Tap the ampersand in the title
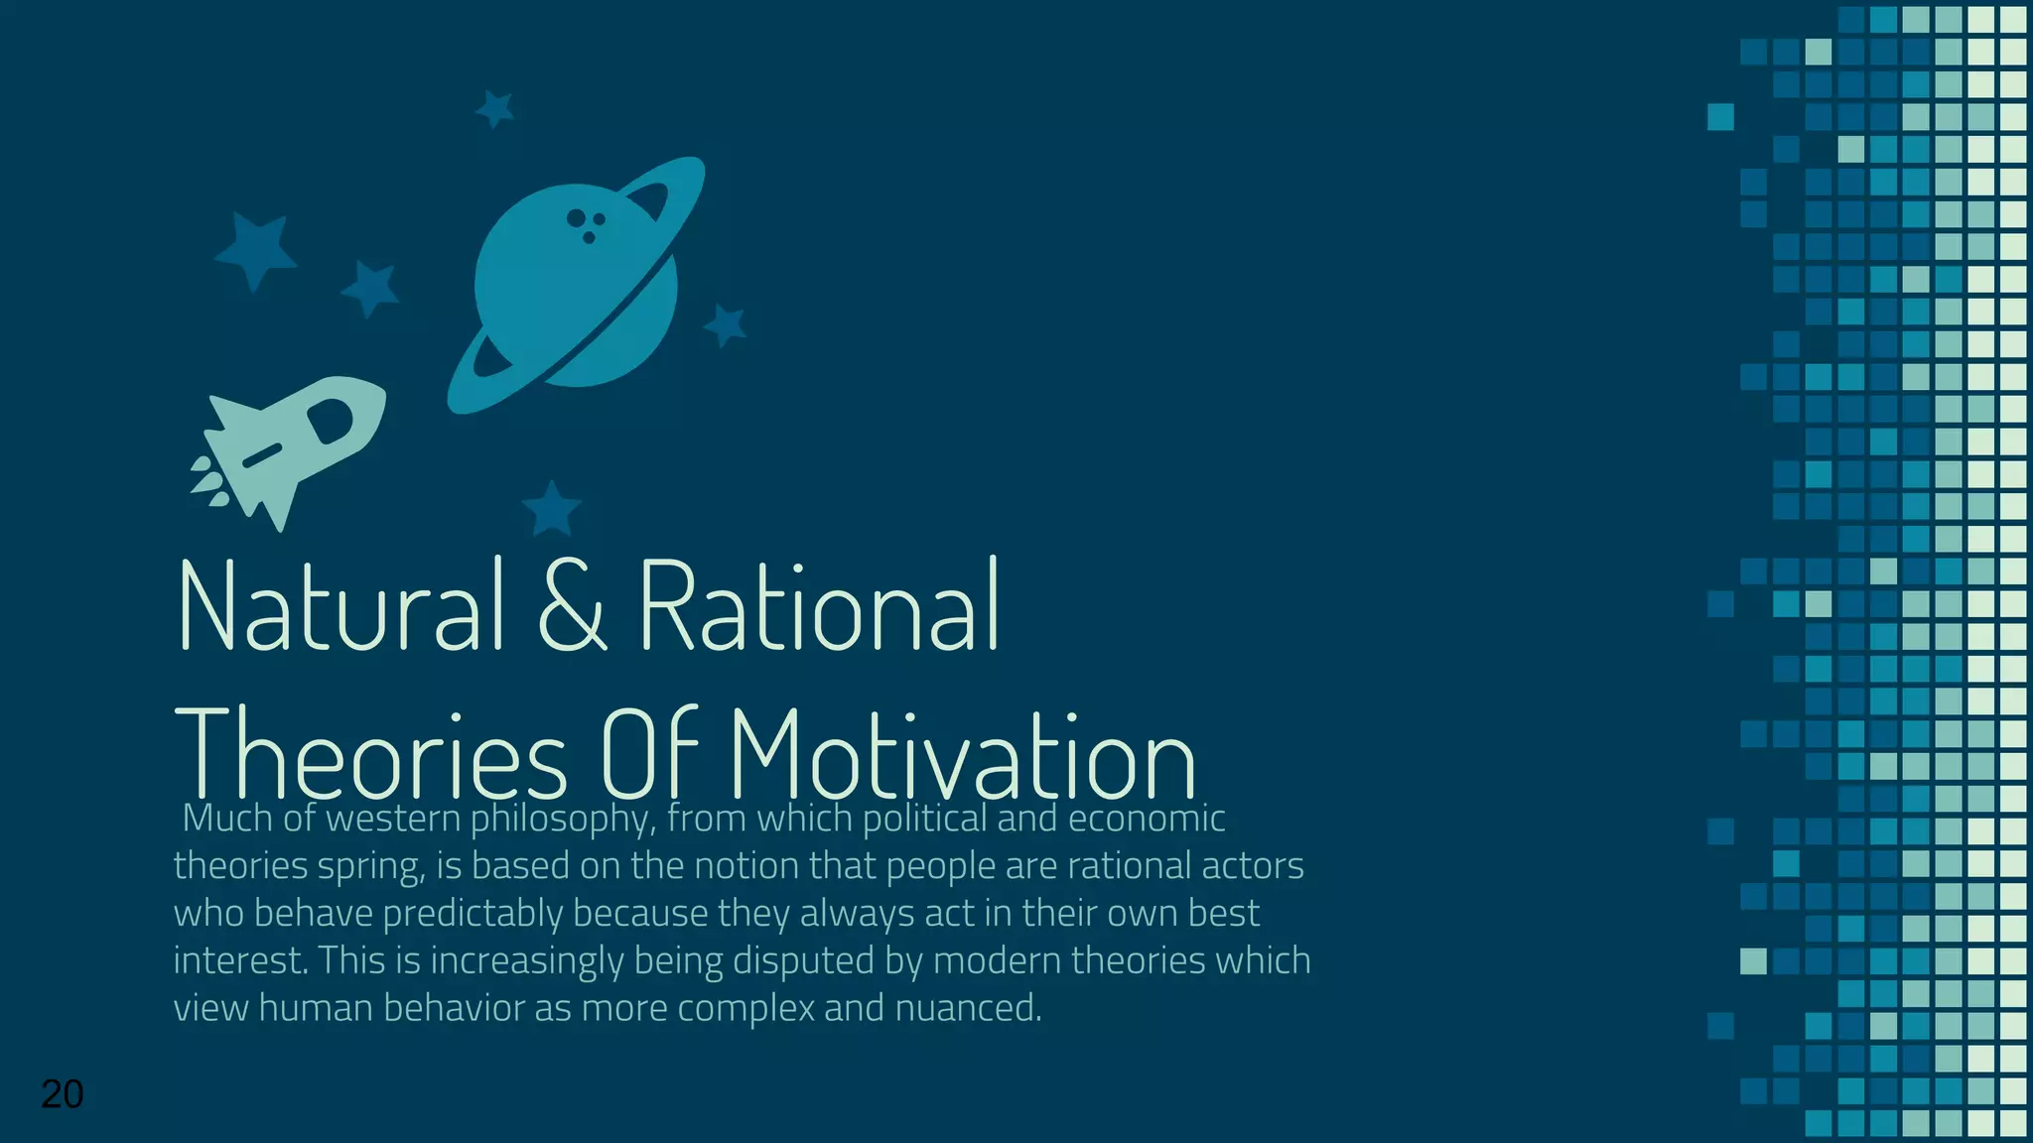coord(572,606)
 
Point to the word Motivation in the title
coord(963,756)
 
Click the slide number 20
coord(62,1094)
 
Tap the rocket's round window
coord(330,420)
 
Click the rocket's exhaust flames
coord(208,479)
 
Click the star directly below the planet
coord(551,509)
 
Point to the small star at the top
coord(495,108)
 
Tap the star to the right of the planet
coord(726,324)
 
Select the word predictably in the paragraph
coord(473,914)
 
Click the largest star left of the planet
coord(256,250)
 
